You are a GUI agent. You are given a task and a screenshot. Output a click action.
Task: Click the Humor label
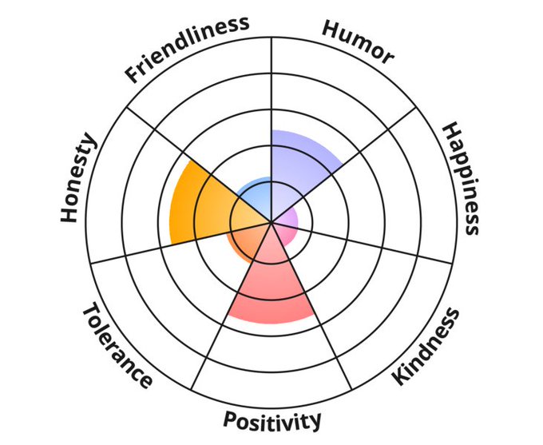[x=357, y=41]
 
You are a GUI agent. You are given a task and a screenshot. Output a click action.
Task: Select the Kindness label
[x=428, y=347]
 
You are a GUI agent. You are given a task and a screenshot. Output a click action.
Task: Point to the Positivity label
[x=272, y=420]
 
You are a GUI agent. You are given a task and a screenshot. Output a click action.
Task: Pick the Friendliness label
[x=187, y=49]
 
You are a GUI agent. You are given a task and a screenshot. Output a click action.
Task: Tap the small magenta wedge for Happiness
[x=288, y=224]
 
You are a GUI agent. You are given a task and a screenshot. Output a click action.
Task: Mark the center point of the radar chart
[x=271, y=221]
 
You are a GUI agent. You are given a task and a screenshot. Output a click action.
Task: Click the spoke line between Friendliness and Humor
[x=271, y=96]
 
